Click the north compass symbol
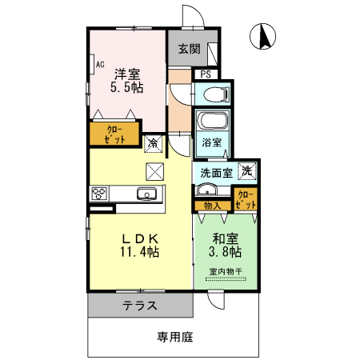coord(265,37)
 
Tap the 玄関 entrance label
coord(189,49)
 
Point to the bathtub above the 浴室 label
coord(213,123)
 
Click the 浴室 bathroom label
coord(212,143)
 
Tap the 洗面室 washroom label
coord(216,171)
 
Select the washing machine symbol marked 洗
coord(248,170)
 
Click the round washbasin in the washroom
coord(206,190)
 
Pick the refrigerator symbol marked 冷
coord(153,144)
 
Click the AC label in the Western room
coord(100,63)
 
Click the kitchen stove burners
coord(100,193)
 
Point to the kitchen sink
coord(146,194)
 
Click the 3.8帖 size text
coord(225,253)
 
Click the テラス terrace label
coord(139,306)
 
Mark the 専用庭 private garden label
coord(174,337)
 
